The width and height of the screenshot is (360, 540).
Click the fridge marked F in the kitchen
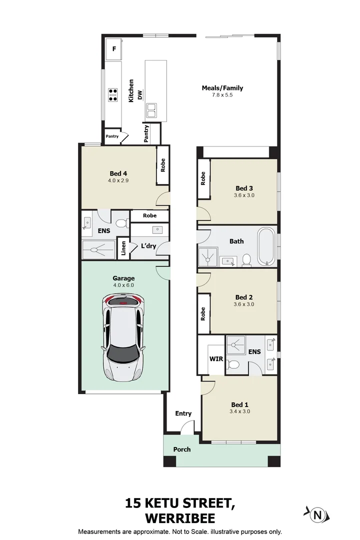(114, 49)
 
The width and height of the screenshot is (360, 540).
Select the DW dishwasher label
(140, 95)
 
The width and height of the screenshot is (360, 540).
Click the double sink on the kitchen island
(151, 110)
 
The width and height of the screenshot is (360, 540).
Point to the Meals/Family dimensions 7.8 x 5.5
(222, 95)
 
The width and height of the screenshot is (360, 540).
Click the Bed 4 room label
(118, 173)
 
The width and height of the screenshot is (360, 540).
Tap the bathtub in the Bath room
(266, 246)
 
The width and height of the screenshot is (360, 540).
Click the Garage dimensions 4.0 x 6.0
(123, 285)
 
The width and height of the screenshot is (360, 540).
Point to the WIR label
(216, 359)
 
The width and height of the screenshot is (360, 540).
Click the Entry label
(183, 413)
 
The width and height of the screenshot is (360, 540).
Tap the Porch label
(182, 449)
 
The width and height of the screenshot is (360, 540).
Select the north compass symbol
(317, 515)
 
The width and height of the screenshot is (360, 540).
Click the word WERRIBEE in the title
(180, 518)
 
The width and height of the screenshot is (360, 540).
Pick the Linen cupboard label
(123, 248)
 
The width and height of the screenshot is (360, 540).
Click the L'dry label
(148, 246)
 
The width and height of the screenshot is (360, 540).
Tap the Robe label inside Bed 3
(203, 178)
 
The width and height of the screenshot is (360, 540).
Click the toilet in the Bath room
(246, 260)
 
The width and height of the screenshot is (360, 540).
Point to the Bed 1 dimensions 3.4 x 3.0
(240, 411)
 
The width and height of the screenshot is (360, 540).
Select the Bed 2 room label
(244, 297)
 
